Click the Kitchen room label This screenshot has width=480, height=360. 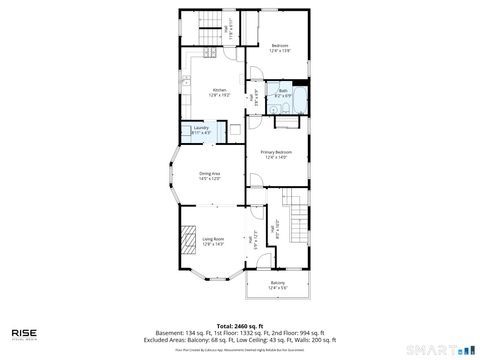tap(218, 90)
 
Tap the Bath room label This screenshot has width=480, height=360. tap(283, 91)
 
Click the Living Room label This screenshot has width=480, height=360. tap(213, 238)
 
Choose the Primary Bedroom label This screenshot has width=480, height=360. tap(276, 151)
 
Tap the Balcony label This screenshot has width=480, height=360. tap(277, 283)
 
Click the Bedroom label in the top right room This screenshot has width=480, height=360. tap(281, 45)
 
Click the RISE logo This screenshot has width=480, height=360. tap(25, 331)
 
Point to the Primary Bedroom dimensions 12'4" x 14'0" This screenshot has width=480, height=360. tap(276, 157)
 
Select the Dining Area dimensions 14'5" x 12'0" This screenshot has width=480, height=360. tap(208, 178)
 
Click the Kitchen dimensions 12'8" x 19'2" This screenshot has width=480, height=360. tap(218, 96)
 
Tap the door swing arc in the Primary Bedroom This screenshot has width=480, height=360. tap(257, 182)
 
